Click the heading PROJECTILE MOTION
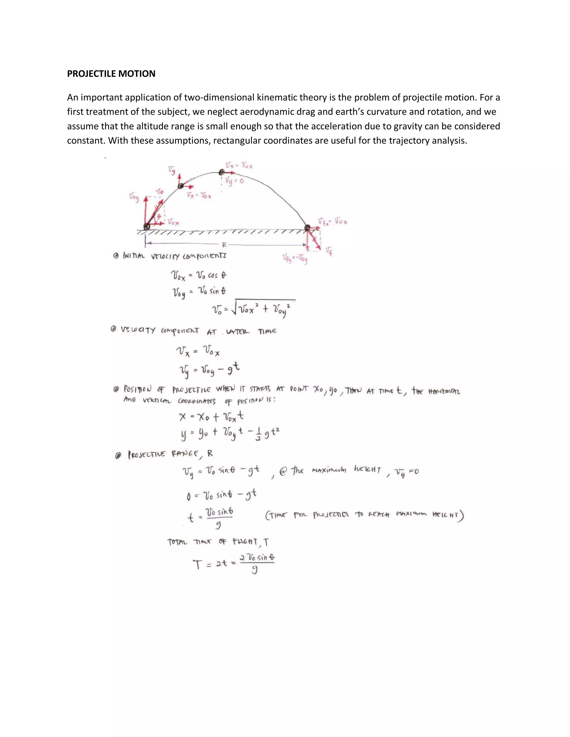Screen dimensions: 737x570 pyautogui.click(x=111, y=74)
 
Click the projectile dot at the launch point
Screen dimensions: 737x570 pyautogui.click(x=147, y=226)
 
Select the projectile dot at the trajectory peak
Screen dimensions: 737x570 pyautogui.click(x=222, y=172)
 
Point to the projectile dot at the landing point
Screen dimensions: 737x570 pyautogui.click(x=307, y=228)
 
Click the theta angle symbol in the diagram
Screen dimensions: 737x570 pyautogui.click(x=158, y=216)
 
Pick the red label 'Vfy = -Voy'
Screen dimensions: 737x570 pyautogui.click(x=295, y=259)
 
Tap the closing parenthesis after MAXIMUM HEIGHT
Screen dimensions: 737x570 pyautogui.click(x=461, y=516)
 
